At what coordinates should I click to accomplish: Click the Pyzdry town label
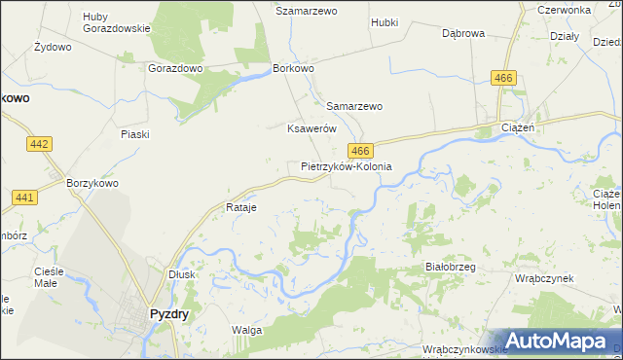(168, 314)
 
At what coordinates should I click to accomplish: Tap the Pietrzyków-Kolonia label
(346, 166)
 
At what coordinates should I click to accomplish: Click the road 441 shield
(25, 198)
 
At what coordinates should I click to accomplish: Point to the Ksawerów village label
(311, 128)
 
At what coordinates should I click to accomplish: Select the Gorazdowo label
(175, 69)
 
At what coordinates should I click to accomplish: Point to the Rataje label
(239, 208)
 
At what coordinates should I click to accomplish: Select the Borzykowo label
(92, 182)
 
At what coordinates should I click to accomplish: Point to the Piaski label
(134, 134)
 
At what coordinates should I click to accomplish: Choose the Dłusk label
(182, 274)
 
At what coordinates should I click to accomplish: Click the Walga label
(246, 330)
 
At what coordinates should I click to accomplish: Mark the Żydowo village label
(53, 47)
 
